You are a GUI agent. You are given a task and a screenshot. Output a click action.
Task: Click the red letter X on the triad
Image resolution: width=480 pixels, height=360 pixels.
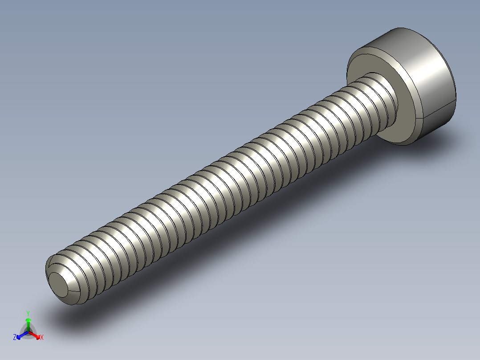tap(42, 338)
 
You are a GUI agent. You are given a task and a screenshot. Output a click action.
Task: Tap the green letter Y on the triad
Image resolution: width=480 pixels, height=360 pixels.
tap(28, 313)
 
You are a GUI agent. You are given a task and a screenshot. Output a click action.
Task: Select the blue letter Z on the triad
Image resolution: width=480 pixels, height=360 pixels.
tap(15, 337)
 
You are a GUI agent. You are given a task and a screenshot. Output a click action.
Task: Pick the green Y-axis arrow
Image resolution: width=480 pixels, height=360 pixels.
tap(28, 322)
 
